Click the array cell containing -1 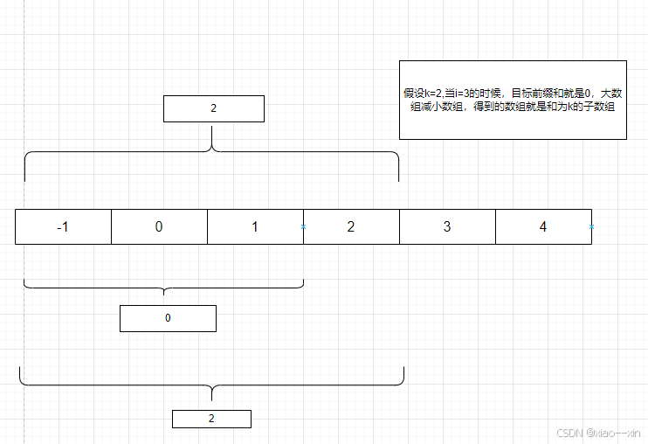click(63, 227)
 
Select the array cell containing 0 click(159, 227)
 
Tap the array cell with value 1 click(255, 227)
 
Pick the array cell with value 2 click(351, 227)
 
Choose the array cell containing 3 click(447, 227)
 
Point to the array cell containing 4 click(543, 227)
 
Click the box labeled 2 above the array click(213, 109)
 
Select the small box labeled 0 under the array click(168, 318)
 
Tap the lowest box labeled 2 click(211, 419)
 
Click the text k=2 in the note click(433, 93)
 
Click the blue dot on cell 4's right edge click(591, 227)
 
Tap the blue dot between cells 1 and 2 click(303, 227)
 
